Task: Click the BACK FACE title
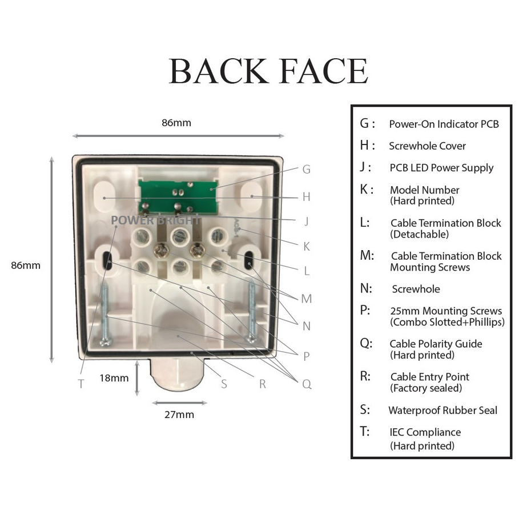tap(268, 71)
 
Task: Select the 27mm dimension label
tap(179, 415)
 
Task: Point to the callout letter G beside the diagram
tap(306, 170)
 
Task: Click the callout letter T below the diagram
tap(81, 384)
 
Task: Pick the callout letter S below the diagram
tap(224, 384)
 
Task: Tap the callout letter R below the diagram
tap(263, 384)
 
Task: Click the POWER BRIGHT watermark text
tap(155, 220)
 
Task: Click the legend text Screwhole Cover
tap(427, 146)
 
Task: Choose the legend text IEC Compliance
tap(425, 432)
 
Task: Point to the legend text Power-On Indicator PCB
tap(444, 124)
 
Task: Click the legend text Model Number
tap(424, 190)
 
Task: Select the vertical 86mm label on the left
tap(26, 265)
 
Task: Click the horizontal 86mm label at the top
tap(176, 123)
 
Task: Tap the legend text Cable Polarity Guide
tap(436, 344)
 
